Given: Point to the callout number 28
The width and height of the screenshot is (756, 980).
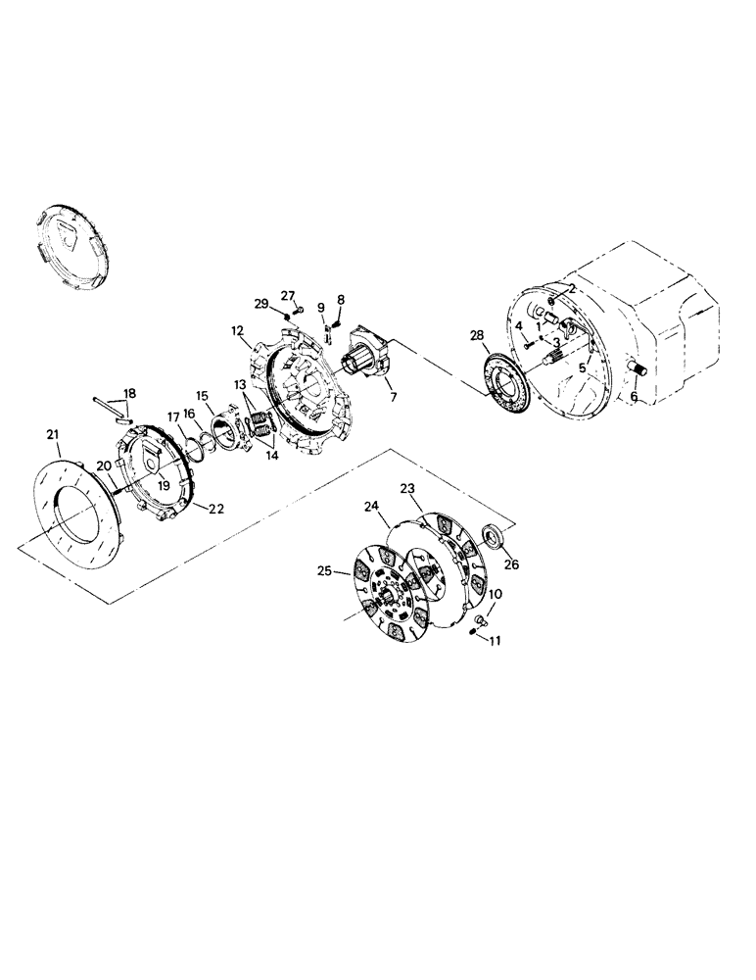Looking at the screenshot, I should (477, 335).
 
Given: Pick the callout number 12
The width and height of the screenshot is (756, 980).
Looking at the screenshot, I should (238, 331).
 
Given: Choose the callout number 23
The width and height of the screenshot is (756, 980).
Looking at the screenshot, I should (406, 487).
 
